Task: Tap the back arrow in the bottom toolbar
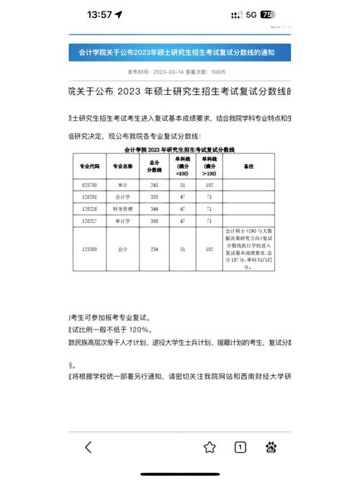[x=88, y=447]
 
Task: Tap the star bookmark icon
[x=210, y=447]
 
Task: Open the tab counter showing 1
[x=240, y=447]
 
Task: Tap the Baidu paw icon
[x=271, y=447]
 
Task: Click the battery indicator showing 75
[x=268, y=14]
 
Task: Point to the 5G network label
[x=251, y=14]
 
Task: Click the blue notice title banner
[x=181, y=53]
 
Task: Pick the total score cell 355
[x=153, y=196]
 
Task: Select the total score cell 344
[x=153, y=209]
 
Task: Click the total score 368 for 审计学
[x=153, y=220]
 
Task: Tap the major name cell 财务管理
[x=123, y=209]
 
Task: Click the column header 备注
[x=249, y=166]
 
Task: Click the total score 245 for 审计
[x=153, y=185]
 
